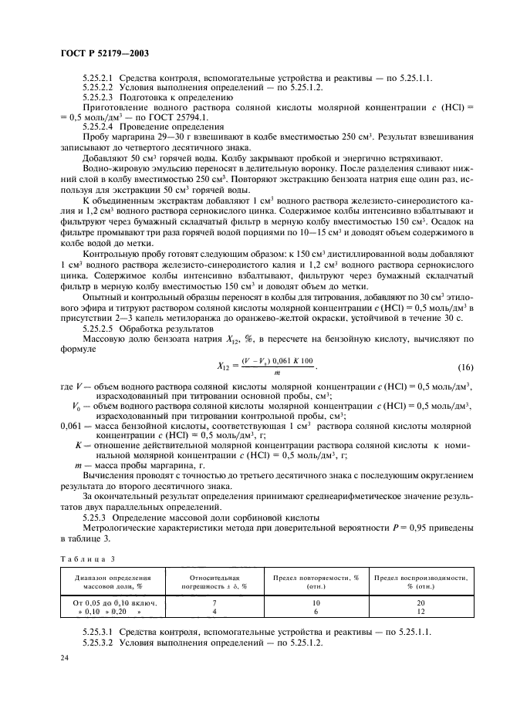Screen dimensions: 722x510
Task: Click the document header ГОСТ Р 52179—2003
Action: [104, 53]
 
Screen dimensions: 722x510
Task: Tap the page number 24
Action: [64, 657]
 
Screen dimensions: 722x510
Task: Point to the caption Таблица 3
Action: [81, 556]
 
